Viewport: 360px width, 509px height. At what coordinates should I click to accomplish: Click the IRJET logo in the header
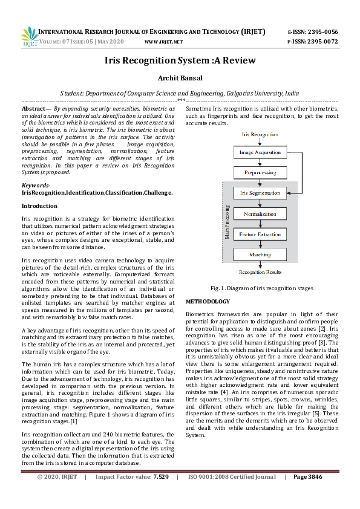tap(29, 36)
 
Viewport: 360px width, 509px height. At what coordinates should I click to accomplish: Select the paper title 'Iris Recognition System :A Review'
tap(180, 60)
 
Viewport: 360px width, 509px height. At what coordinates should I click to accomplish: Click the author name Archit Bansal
tap(180, 78)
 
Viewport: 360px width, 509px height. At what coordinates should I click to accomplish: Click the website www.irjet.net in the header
tap(163, 42)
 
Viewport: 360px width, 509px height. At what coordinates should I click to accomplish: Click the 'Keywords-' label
tap(36, 186)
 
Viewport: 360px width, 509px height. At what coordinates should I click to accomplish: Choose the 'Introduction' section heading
tap(39, 206)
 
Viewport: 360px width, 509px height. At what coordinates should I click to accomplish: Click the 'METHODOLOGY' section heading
tap(208, 301)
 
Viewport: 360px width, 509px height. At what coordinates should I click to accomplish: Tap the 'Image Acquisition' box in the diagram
tap(260, 152)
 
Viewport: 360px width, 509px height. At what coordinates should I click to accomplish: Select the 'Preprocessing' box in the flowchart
tap(260, 172)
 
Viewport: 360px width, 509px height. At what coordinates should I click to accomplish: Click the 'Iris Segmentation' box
tap(260, 193)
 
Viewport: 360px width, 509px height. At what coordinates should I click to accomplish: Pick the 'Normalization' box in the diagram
tap(260, 214)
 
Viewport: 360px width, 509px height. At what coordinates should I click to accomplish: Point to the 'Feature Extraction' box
tap(260, 234)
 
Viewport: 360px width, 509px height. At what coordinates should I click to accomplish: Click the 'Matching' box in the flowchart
tap(260, 254)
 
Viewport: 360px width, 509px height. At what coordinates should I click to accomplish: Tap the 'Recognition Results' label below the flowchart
tap(260, 273)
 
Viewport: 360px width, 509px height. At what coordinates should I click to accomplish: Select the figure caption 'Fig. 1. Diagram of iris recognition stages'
tap(261, 288)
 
